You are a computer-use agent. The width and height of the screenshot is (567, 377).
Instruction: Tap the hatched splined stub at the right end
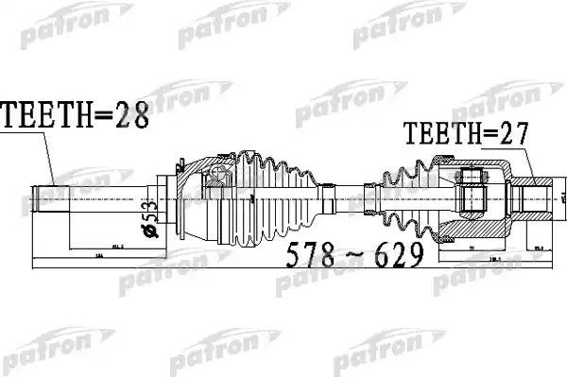coord(538,199)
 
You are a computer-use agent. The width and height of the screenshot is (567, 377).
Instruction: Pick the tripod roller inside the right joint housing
coord(473,198)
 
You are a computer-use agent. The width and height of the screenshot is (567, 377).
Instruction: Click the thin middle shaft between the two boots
coord(354,198)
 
